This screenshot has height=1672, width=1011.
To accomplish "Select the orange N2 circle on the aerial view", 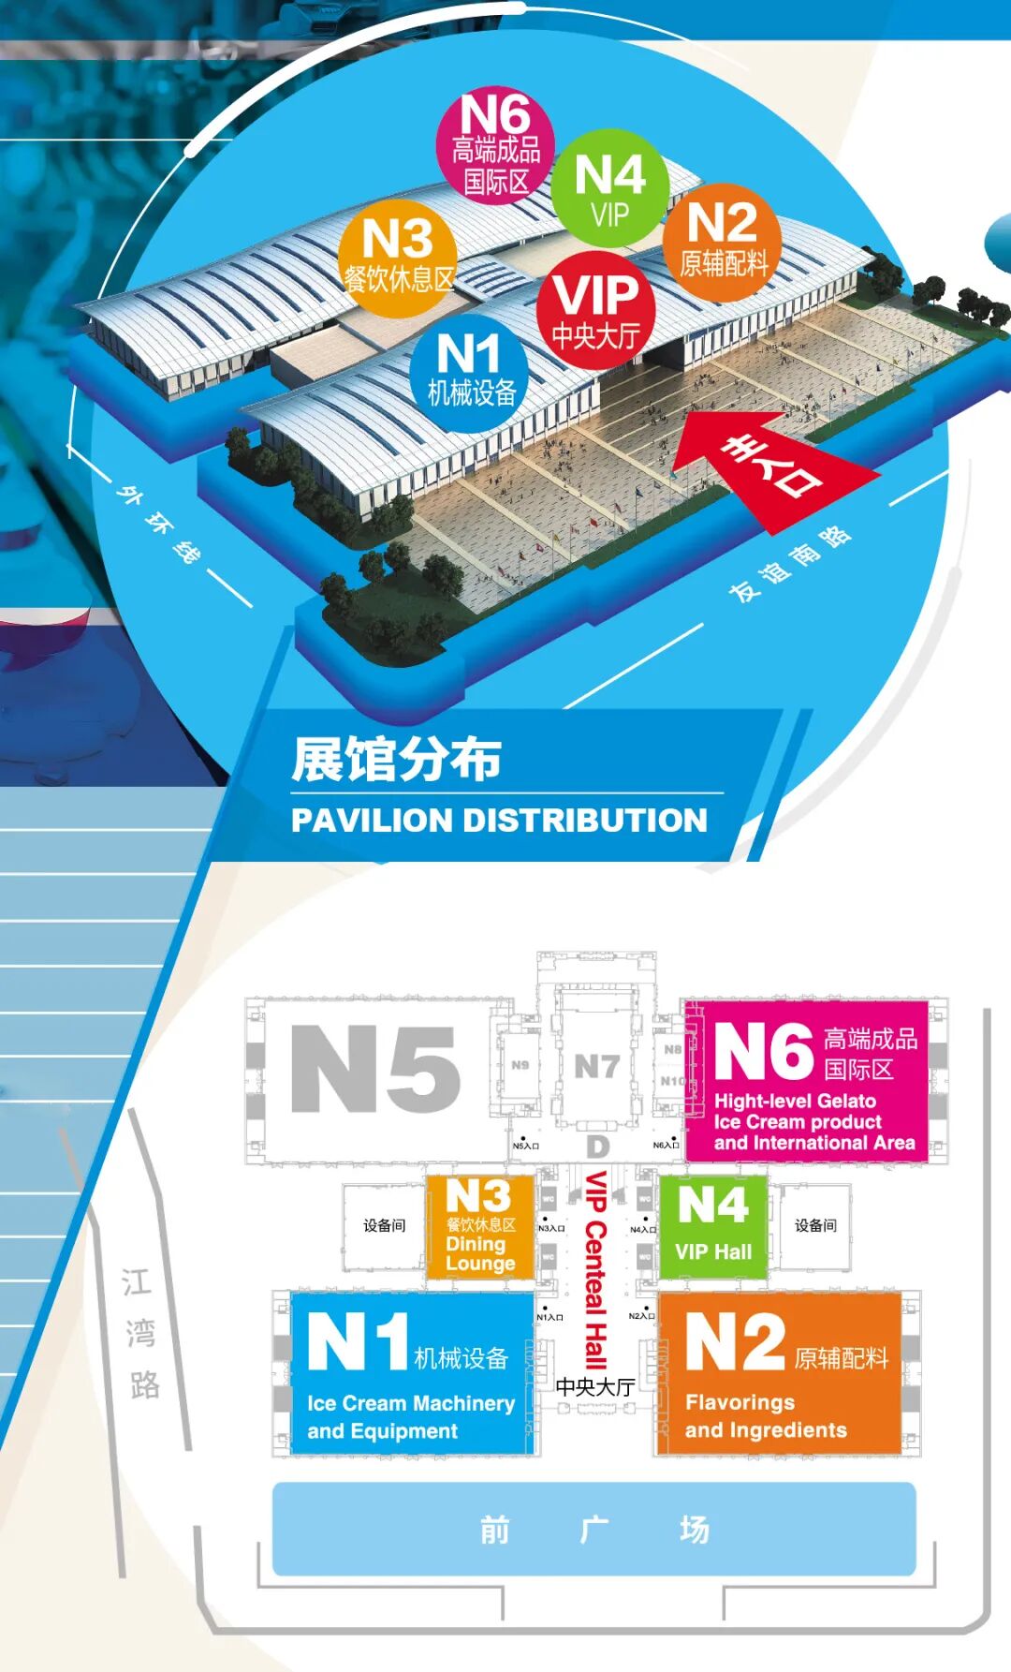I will [x=722, y=242].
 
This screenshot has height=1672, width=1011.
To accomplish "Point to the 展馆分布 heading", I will [x=397, y=759].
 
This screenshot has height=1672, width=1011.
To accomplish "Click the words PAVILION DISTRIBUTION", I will [x=499, y=821].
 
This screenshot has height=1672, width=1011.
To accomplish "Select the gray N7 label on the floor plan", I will [x=596, y=1066].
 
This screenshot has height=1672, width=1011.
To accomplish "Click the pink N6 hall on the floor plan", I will [x=806, y=1082].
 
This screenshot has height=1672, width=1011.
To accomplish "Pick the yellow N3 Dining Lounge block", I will [x=480, y=1227].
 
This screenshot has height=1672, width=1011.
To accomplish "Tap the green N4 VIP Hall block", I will [x=713, y=1227].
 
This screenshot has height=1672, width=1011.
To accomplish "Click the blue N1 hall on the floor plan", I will [x=412, y=1372].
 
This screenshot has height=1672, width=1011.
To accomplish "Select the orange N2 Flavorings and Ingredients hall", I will [x=779, y=1372].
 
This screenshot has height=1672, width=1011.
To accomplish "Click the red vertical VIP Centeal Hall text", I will [x=595, y=1269].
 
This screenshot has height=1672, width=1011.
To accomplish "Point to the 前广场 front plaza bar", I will [x=593, y=1530].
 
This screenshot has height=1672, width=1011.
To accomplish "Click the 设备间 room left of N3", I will [x=384, y=1225].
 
